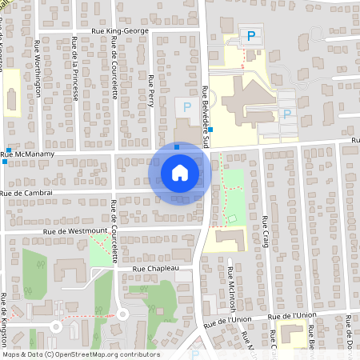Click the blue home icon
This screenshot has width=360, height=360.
pyautogui.click(x=180, y=172)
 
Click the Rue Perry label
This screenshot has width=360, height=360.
pyautogui.click(x=151, y=88)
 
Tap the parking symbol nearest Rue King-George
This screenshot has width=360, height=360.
pyautogui.click(x=251, y=35)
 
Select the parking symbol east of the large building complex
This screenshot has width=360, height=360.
pyautogui.click(x=286, y=114)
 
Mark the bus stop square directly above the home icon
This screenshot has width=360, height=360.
pyautogui.click(x=177, y=146)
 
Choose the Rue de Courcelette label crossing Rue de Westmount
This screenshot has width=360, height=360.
pyautogui.click(x=114, y=231)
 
